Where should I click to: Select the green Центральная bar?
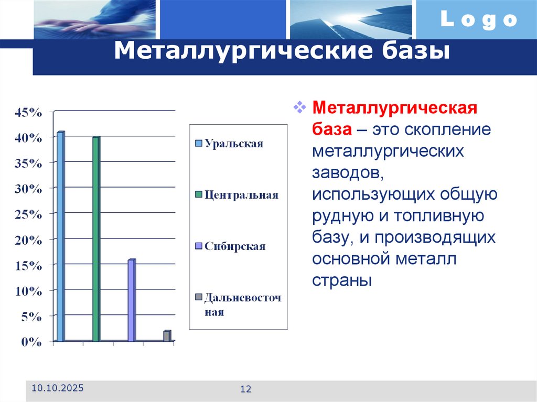[x=96, y=238]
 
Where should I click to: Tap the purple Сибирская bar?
[x=131, y=300]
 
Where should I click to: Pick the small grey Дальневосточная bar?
[x=167, y=336]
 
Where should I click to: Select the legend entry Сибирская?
[x=234, y=246]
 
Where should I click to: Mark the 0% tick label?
[x=31, y=342]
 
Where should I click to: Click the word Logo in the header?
[x=478, y=20]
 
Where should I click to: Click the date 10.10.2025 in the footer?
[x=57, y=388]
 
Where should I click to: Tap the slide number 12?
[x=246, y=389]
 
